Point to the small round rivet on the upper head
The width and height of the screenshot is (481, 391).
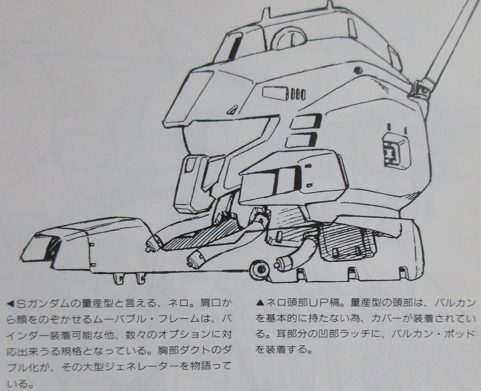point(357,70)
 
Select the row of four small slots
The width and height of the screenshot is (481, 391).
point(296,94)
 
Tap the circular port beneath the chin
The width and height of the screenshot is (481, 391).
point(261,269)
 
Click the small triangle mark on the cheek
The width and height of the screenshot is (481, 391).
point(233,109)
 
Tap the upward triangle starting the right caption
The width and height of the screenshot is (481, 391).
point(260,303)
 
